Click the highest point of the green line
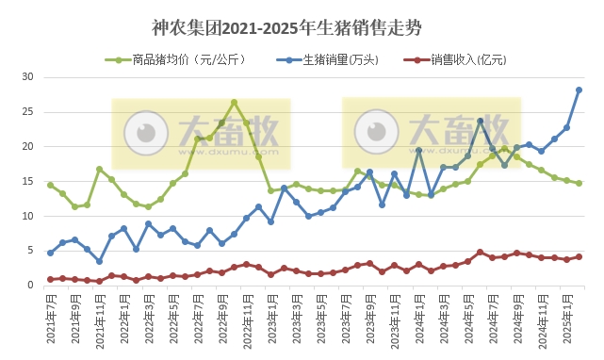(x=234, y=103)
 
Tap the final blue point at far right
(x=579, y=90)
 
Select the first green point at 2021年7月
(x=50, y=185)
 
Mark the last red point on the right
(x=579, y=256)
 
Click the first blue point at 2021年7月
(x=50, y=253)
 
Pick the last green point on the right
(x=579, y=183)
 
